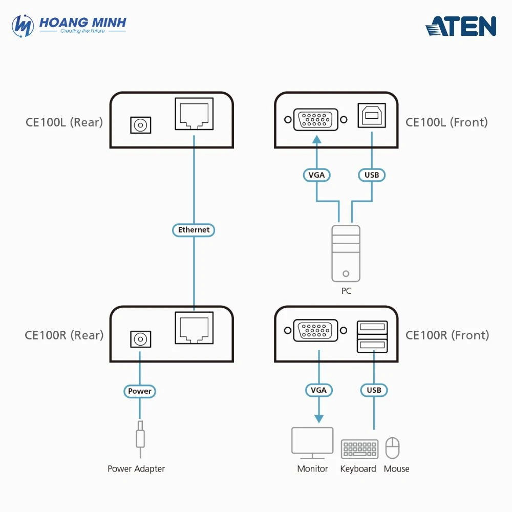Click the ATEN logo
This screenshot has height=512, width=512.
[x=461, y=26]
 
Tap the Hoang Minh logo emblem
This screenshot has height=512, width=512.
[x=23, y=26]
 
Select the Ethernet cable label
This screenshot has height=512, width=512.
[x=194, y=230]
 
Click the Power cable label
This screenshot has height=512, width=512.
[x=140, y=391]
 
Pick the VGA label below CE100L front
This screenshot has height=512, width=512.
[x=317, y=175]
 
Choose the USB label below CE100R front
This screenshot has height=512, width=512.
[x=374, y=390]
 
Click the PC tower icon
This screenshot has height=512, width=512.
[x=346, y=253]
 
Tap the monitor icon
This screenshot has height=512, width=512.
[x=312, y=443]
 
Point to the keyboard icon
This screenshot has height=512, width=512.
[x=359, y=449]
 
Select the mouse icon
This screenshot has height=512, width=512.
[x=393, y=448]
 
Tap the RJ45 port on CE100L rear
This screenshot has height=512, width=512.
[x=194, y=114]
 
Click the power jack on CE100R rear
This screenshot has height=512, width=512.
[x=140, y=339]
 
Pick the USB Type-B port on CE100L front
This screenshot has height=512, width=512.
[x=372, y=115]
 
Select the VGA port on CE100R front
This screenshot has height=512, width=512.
[x=315, y=330]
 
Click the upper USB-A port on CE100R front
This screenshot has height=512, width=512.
[x=372, y=327]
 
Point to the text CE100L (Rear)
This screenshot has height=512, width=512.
[x=65, y=122]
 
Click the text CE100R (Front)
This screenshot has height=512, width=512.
[x=447, y=335]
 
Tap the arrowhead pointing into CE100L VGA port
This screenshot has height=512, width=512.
[x=317, y=139]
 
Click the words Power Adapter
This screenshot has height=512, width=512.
[x=136, y=469]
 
